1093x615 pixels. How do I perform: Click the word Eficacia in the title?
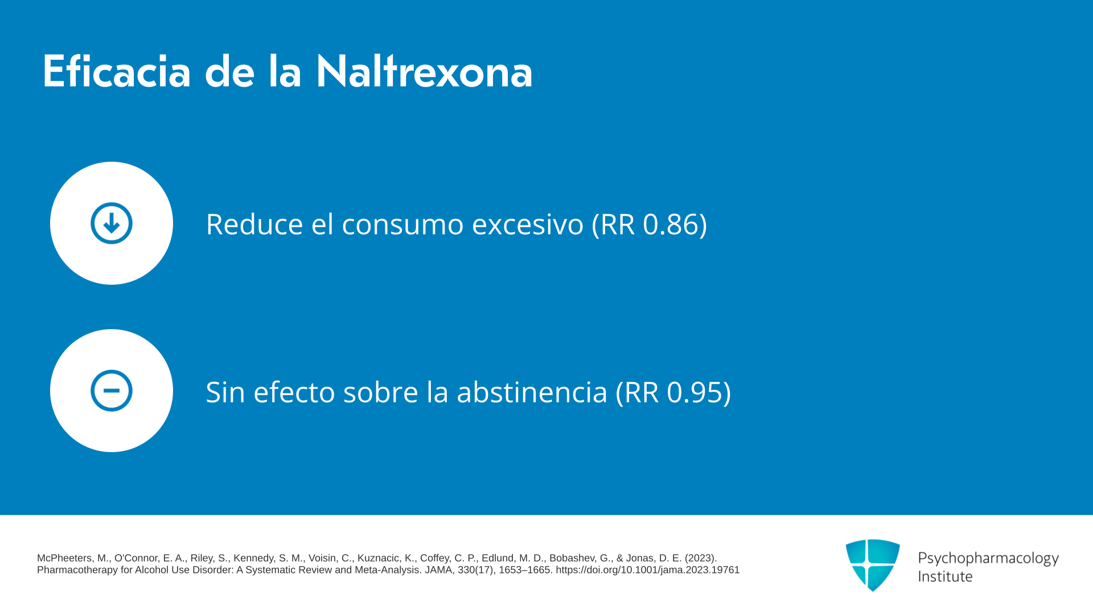117,71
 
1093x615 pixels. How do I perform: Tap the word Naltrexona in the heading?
424,71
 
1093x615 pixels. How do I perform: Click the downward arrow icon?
112,223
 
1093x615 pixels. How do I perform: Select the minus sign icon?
112,391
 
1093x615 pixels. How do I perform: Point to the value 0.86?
671,224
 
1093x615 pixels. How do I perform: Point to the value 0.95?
695,392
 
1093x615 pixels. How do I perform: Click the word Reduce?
254,224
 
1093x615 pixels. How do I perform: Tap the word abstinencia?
532,392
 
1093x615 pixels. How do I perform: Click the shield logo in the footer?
873,565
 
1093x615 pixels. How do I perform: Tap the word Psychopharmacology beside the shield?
988,558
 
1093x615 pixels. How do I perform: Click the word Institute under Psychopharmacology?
946,576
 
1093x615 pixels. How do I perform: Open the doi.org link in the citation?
648,570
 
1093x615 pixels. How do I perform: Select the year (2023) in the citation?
701,558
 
